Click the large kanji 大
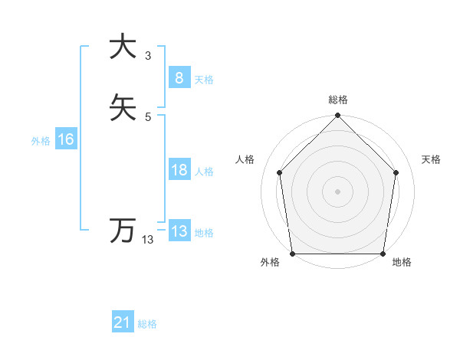[123, 46]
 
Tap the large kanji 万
[123, 231]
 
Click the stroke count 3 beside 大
[148, 55]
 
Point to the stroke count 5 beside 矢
[148, 116]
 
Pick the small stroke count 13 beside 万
[148, 240]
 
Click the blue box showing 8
[179, 77]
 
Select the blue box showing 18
[179, 170]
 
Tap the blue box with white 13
[179, 231]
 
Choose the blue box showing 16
[65, 139]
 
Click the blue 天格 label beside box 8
[204, 80]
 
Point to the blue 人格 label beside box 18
[204, 172]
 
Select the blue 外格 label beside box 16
[41, 141]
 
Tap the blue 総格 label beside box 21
[147, 324]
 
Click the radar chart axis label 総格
[337, 100]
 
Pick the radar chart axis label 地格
[402, 263]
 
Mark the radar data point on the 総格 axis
[337, 116]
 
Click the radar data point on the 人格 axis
[279, 172]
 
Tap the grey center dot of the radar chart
[337, 191]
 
